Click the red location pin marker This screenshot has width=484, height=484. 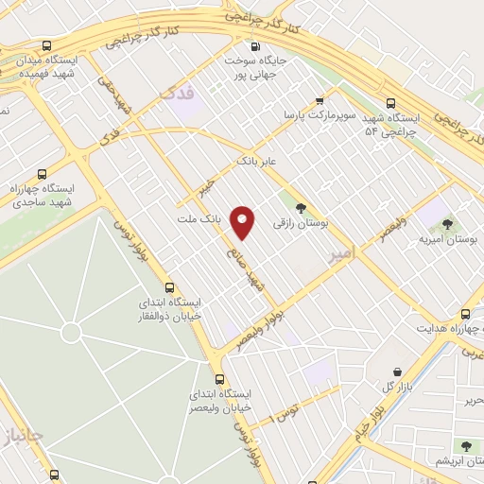point(244,222)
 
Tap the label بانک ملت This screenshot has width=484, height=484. point(198,218)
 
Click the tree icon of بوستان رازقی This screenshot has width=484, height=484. point(302,208)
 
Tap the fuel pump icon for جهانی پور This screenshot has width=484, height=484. point(254,46)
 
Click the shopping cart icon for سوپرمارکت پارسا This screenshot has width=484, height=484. point(320,98)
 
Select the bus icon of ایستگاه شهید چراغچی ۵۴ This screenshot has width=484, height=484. point(390,104)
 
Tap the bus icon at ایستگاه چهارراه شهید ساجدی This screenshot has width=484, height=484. point(41,174)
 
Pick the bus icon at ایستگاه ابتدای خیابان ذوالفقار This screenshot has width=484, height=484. point(169,287)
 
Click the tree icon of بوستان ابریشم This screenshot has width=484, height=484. point(465,444)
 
